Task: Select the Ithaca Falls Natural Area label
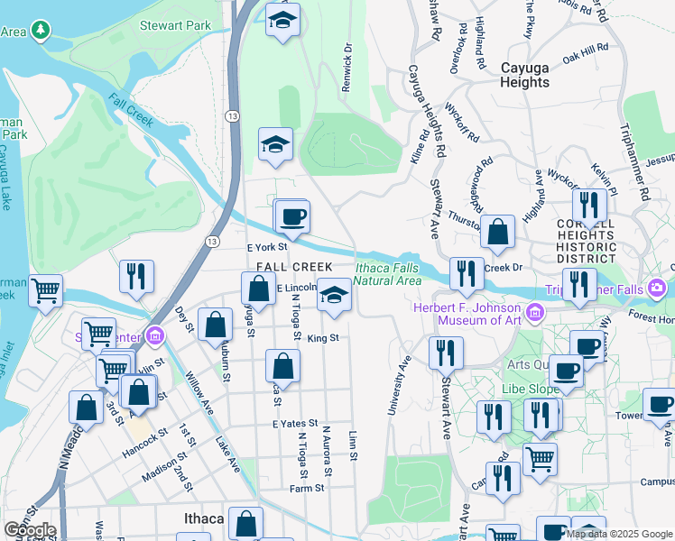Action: coord(388,273)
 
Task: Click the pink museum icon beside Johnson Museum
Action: coord(536,313)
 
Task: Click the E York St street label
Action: coord(266,246)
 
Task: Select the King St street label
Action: coord(322,338)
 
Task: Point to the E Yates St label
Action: coord(294,422)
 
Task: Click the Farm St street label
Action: coord(307,488)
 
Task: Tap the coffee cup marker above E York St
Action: coord(292,217)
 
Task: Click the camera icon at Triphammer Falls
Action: coord(656,289)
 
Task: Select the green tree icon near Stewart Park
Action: coord(39,31)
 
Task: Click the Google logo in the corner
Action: coord(30,529)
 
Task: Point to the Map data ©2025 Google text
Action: coord(619,534)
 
